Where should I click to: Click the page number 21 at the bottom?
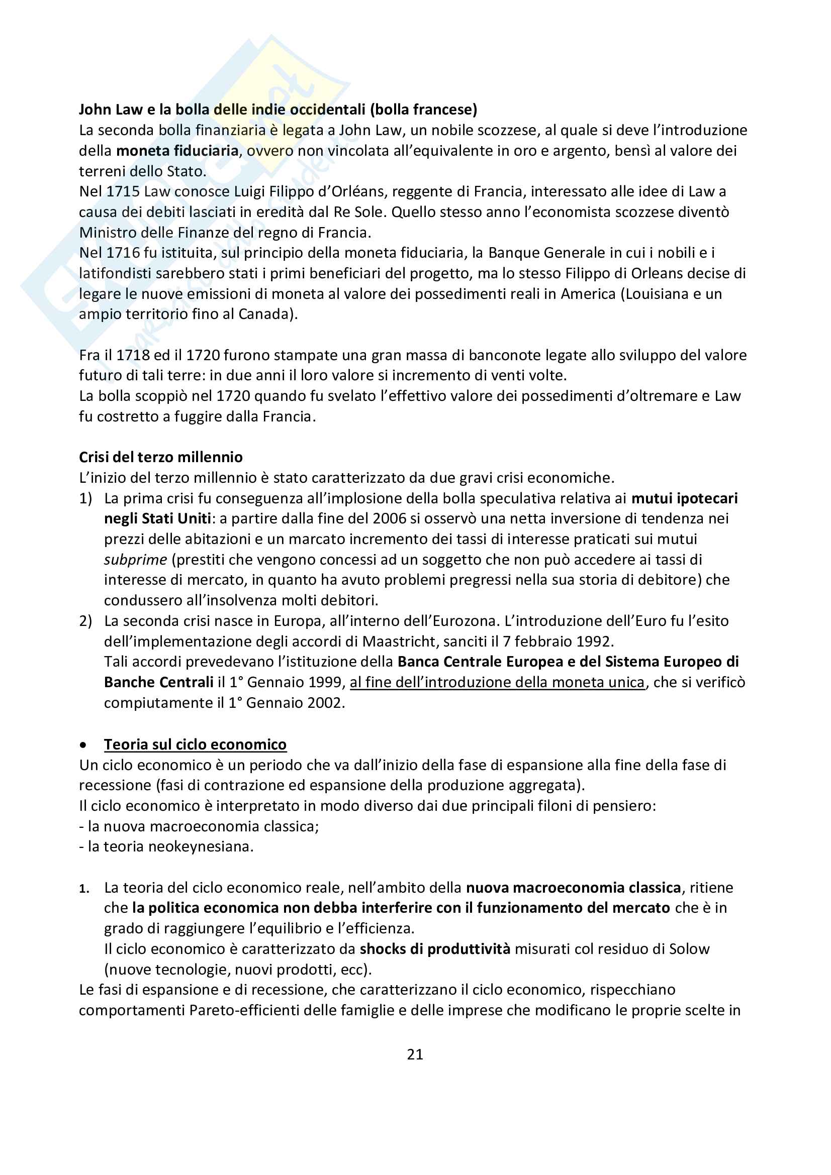415,1054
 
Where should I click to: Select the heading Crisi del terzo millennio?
161,457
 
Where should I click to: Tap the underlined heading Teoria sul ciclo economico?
195,744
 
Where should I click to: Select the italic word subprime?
135,559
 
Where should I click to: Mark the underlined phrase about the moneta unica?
497,682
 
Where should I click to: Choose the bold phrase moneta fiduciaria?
177,151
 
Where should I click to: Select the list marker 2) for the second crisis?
85,621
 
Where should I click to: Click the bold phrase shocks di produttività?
435,949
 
